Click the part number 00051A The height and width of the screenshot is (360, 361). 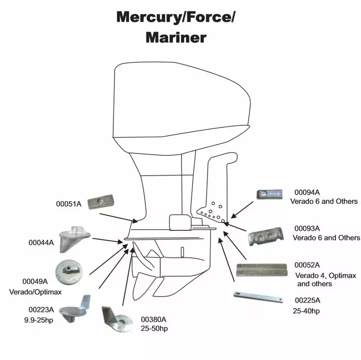coord(68,204)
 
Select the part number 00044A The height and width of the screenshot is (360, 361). coord(42,242)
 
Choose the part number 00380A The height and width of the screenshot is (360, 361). coord(154,319)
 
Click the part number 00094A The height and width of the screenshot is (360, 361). coord(307,192)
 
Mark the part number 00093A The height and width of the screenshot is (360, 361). coord(307,228)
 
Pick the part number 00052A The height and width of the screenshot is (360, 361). coord(307,265)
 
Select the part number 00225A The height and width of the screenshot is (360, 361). coord(307,300)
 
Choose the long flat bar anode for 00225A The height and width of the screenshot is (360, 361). coord(257,297)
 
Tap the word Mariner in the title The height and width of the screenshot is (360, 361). coord(177,37)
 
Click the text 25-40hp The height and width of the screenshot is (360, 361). coord(306,311)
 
